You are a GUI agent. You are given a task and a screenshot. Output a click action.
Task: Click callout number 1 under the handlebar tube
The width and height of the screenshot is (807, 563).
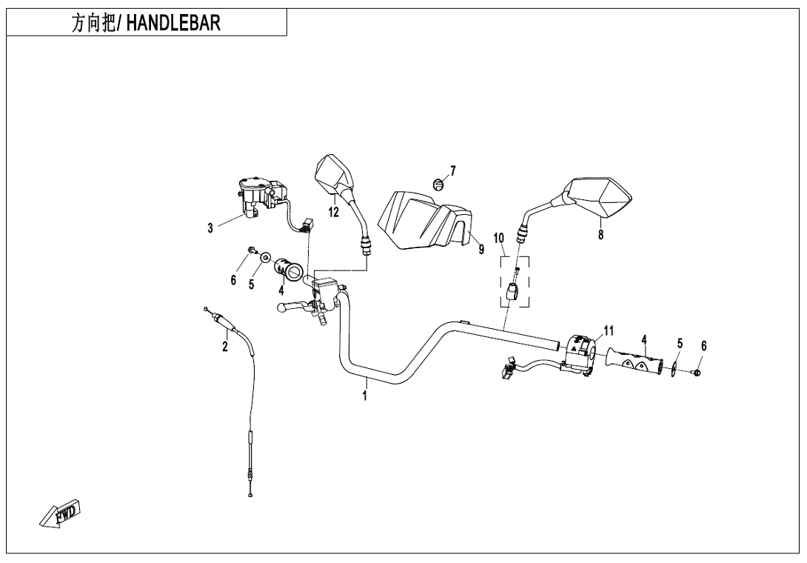[x=365, y=397]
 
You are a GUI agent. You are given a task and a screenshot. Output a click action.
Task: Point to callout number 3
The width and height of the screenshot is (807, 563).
[x=211, y=229]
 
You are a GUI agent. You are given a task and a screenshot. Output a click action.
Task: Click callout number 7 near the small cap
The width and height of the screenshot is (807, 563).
[x=452, y=171]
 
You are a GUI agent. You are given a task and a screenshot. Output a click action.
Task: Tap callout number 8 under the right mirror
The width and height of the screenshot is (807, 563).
[x=600, y=234]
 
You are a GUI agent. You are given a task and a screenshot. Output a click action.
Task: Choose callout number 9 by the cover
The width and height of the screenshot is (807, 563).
[x=481, y=250]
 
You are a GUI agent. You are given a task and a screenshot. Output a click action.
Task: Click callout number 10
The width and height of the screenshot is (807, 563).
[x=499, y=238]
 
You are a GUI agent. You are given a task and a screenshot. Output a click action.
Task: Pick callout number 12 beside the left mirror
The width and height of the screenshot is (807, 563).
[x=334, y=213]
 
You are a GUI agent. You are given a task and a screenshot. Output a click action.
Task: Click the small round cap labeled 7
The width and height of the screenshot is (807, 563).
[x=438, y=183]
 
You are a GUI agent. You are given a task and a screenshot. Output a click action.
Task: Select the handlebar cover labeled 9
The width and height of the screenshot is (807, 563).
[x=422, y=219]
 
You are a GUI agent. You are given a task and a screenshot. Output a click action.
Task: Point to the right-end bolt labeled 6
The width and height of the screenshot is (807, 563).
[x=698, y=371]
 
